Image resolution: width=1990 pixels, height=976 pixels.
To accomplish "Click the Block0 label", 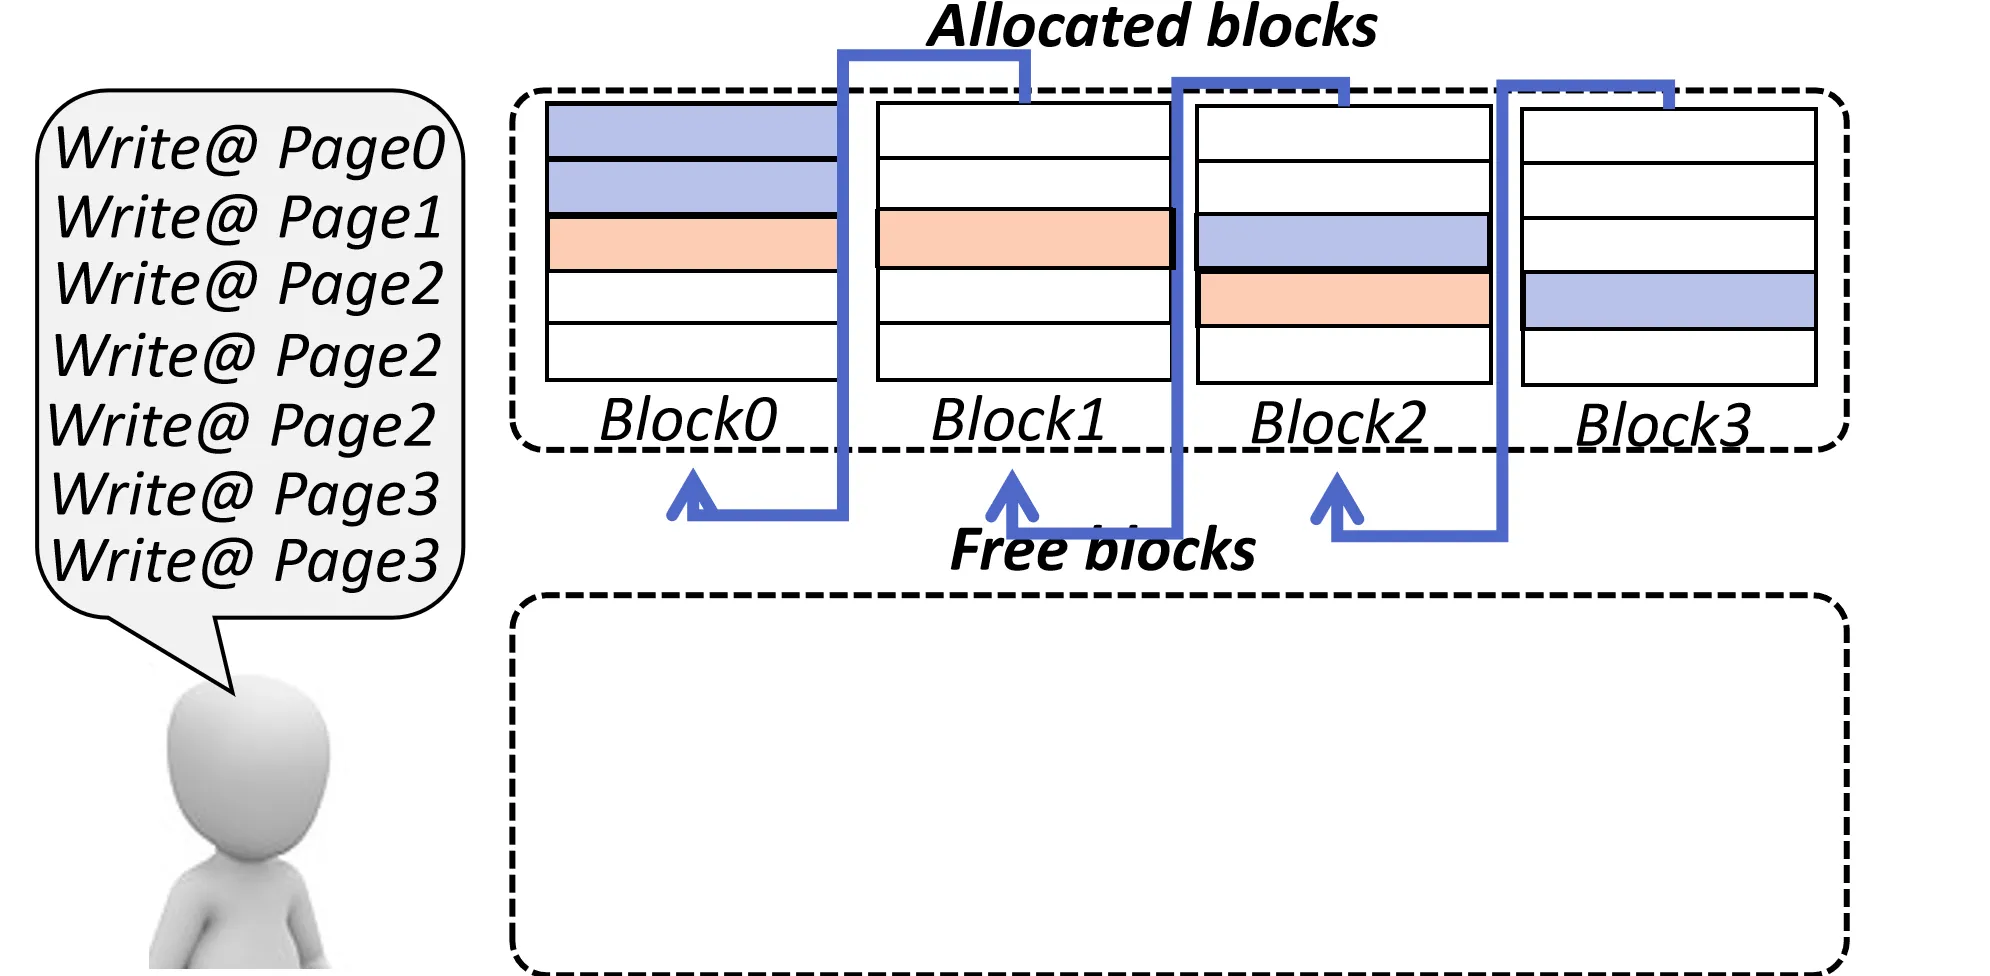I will tap(688, 419).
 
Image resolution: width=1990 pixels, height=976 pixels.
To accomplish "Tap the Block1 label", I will tap(1018, 419).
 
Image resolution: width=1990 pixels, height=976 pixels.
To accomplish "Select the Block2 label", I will tap(1338, 422).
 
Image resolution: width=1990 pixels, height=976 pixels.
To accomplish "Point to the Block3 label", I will tap(1663, 425).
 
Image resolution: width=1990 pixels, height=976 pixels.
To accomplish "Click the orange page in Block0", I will tap(692, 244).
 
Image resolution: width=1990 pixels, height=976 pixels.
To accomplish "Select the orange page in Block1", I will tap(1024, 238).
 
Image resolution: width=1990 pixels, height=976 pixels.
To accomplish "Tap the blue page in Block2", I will tap(1343, 241).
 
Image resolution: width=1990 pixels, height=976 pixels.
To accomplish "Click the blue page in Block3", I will tap(1668, 300).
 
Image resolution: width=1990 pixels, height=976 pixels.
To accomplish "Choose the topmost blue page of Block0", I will tap(692, 130).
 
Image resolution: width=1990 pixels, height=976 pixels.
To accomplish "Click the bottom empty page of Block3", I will tap(1668, 357).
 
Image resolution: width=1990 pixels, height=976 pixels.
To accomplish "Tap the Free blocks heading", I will tap(1102, 549).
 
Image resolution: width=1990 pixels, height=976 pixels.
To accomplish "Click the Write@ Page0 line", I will tap(249, 148).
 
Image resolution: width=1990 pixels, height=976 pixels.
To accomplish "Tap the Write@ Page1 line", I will tap(249, 217).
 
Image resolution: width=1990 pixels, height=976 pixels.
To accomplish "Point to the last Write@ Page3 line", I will tap(245, 560).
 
